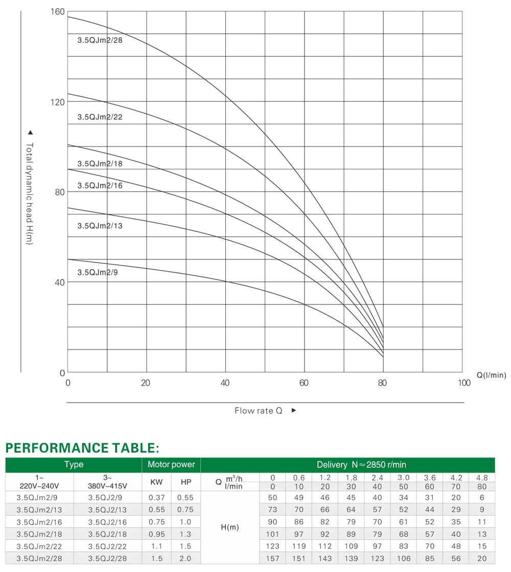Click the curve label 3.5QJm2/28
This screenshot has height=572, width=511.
[x=100, y=40]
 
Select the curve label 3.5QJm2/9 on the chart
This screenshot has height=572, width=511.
[x=98, y=273]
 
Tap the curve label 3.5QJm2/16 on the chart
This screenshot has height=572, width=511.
[x=100, y=186]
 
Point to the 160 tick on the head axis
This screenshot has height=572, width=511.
[x=58, y=12]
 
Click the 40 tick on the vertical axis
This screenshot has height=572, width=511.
[x=60, y=282]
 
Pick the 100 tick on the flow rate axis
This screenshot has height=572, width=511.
[x=464, y=383]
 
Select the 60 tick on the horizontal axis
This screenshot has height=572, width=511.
[x=304, y=383]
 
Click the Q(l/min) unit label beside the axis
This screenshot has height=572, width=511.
[x=492, y=375]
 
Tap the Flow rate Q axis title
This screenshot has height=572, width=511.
[x=259, y=411]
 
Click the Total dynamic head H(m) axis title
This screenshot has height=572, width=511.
[x=30, y=194]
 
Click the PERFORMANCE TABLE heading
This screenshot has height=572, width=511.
[x=82, y=448]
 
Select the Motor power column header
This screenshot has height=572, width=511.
[x=171, y=465]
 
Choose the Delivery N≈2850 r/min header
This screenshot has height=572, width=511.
[x=361, y=465]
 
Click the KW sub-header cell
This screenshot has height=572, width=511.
[x=156, y=482]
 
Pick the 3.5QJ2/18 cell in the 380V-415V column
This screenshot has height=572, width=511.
[x=107, y=535]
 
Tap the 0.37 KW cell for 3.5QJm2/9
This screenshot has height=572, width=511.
[x=156, y=498]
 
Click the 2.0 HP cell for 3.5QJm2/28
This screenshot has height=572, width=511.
[x=185, y=559]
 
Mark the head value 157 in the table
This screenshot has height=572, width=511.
[x=272, y=559]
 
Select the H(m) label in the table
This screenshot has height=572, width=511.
[x=230, y=527]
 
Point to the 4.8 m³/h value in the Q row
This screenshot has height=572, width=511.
[x=482, y=478]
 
